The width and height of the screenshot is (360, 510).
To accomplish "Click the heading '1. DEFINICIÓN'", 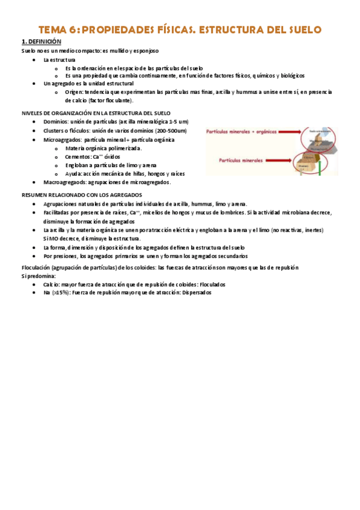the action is tap(41, 41).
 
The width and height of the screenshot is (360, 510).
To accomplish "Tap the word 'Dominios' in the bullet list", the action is tap(55, 122).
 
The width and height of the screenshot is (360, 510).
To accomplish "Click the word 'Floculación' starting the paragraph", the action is tap(35, 267).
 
